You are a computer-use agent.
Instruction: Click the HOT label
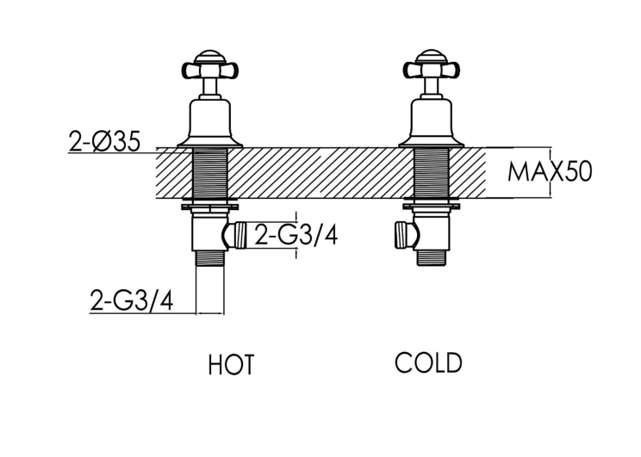pyautogui.click(x=231, y=364)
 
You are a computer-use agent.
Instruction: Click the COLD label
pyautogui.click(x=428, y=362)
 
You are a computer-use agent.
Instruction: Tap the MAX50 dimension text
pyautogui.click(x=550, y=171)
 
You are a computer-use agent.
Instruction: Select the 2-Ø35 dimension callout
pyautogui.click(x=104, y=141)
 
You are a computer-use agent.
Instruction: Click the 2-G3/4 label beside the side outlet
pyautogui.click(x=296, y=235)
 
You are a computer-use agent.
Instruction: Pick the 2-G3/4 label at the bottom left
pyautogui.click(x=132, y=300)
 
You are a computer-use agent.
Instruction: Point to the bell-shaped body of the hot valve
pyautogui.click(x=209, y=121)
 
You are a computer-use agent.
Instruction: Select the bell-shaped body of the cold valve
pyautogui.click(x=432, y=121)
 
